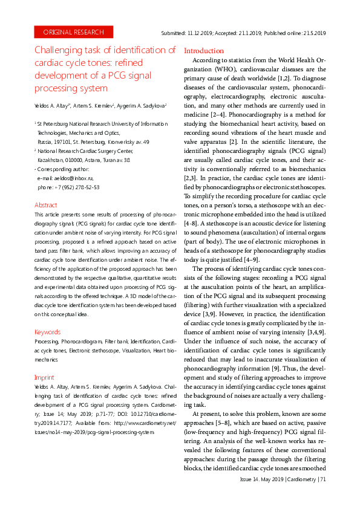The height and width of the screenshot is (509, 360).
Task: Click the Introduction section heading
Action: coord(203,51)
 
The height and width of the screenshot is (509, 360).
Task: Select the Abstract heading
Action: coord(46,206)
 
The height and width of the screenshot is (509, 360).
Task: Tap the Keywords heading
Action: coord(48,332)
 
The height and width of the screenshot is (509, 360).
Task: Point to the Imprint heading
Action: coord(45,377)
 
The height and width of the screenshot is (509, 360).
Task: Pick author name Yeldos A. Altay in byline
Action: coord(53,105)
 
